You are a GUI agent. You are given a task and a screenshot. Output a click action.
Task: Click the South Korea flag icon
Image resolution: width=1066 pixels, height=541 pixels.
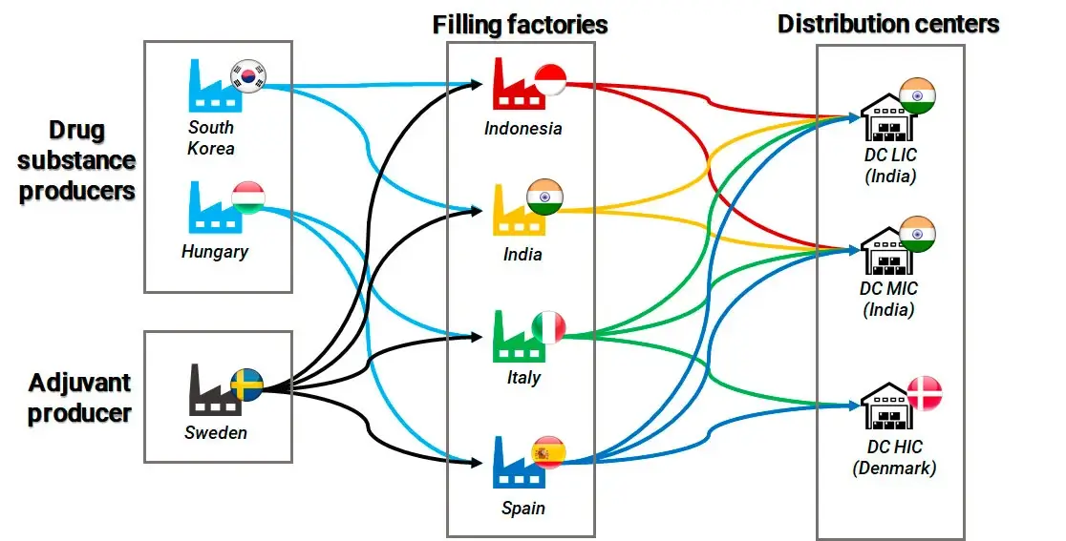coord(249,75)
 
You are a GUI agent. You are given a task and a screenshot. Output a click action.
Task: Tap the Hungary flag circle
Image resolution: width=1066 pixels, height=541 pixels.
coord(248,198)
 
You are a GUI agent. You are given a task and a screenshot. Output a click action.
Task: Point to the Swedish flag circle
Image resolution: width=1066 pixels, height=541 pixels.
coord(247,384)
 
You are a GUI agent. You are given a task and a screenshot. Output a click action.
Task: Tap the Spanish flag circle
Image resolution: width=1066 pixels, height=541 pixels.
coord(549,451)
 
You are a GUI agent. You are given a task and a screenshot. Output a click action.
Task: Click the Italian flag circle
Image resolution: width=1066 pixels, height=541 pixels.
coord(549,326)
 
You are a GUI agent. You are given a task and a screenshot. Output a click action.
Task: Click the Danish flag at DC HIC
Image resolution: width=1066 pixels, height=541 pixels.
coord(923,392)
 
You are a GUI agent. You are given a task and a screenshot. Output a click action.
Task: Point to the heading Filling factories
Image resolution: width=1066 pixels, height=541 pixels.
coord(520,24)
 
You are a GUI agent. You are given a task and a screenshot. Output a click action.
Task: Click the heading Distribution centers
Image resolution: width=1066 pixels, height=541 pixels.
coord(888,24)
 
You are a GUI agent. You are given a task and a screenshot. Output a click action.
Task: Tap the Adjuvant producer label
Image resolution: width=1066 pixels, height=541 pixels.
coord(79,399)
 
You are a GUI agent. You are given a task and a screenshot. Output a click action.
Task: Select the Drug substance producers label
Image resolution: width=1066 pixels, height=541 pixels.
coord(77,160)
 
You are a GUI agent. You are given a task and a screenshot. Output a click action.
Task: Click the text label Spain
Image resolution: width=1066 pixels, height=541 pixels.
coord(522,508)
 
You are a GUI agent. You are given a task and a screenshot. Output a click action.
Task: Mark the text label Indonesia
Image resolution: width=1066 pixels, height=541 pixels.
coord(522,128)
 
